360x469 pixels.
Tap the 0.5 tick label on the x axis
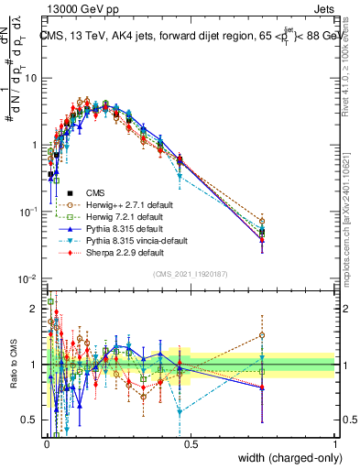coord(191,444)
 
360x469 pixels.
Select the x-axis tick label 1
coord(335,444)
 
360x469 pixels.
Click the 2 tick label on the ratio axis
coord(36,309)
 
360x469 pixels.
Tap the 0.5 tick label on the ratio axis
coord(32,420)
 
